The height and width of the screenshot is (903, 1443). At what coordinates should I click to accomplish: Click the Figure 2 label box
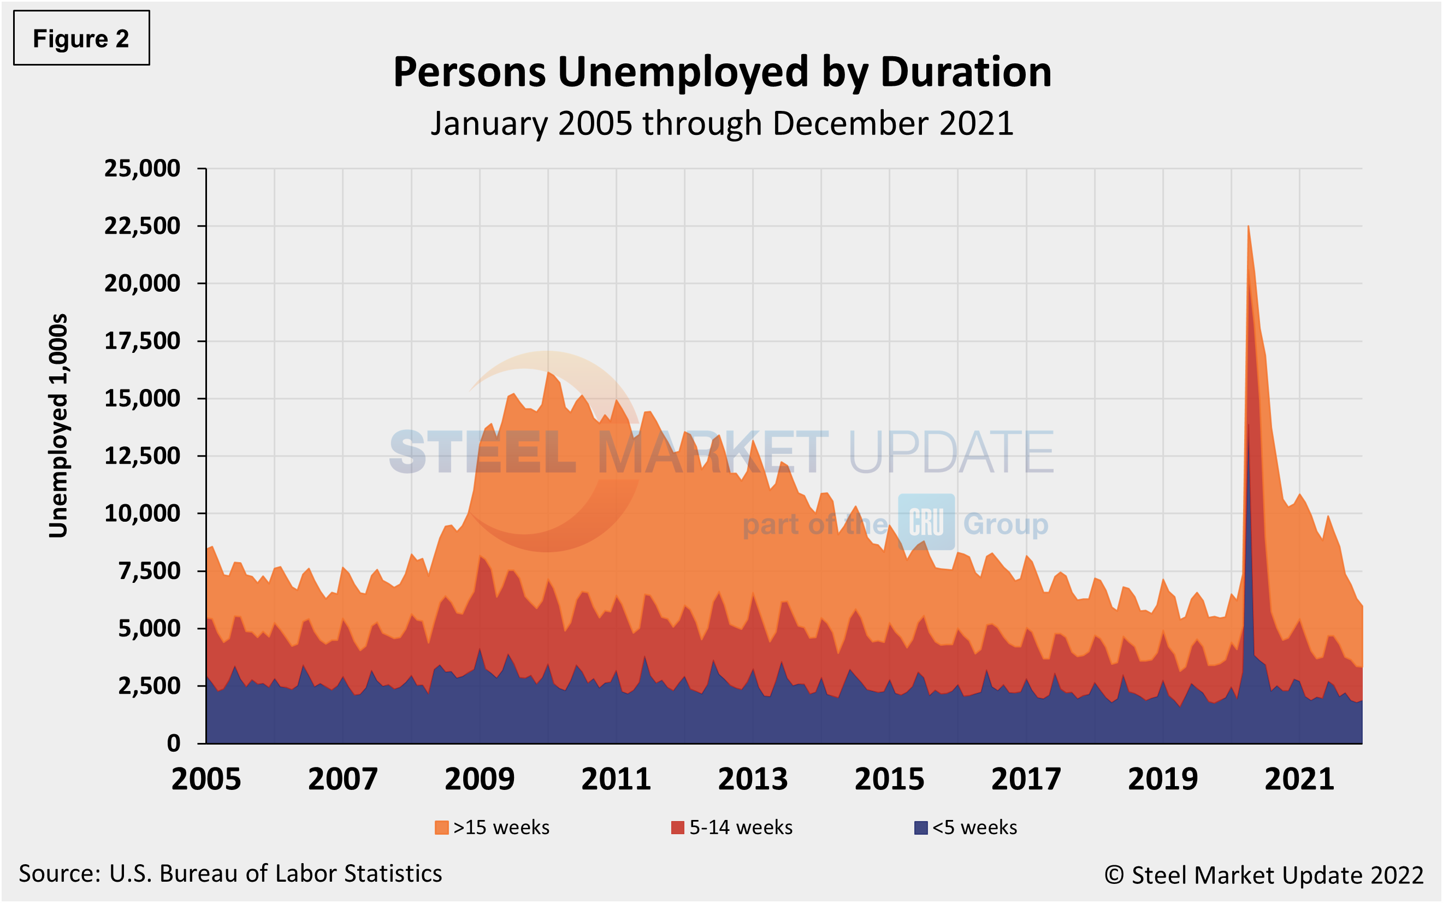[81, 38]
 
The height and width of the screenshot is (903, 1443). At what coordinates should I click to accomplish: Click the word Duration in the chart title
[966, 72]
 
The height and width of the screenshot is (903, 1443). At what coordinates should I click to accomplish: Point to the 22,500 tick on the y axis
[142, 226]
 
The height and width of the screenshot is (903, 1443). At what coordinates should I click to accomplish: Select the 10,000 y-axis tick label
[142, 513]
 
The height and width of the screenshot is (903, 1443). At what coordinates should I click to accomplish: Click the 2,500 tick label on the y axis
[149, 686]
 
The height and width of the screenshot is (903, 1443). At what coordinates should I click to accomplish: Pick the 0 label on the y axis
[173, 743]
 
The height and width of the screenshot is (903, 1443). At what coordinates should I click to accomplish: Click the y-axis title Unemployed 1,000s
[58, 425]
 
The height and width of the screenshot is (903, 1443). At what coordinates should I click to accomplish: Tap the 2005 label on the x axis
[206, 780]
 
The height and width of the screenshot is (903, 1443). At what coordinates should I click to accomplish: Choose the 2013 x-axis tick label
[752, 780]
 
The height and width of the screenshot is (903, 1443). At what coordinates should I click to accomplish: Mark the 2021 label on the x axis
[1299, 780]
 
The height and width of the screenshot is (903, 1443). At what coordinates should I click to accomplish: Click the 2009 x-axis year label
[480, 780]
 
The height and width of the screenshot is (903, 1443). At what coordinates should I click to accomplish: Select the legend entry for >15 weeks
[492, 827]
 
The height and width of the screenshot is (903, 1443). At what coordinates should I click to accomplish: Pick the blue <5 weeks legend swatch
[921, 828]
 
